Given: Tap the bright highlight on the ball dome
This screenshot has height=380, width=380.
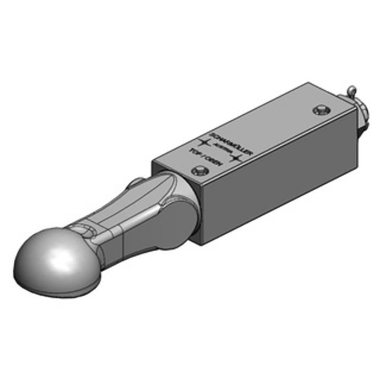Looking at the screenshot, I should click(x=59, y=259).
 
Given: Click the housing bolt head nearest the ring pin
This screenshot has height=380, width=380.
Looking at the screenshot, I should click(x=321, y=110).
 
